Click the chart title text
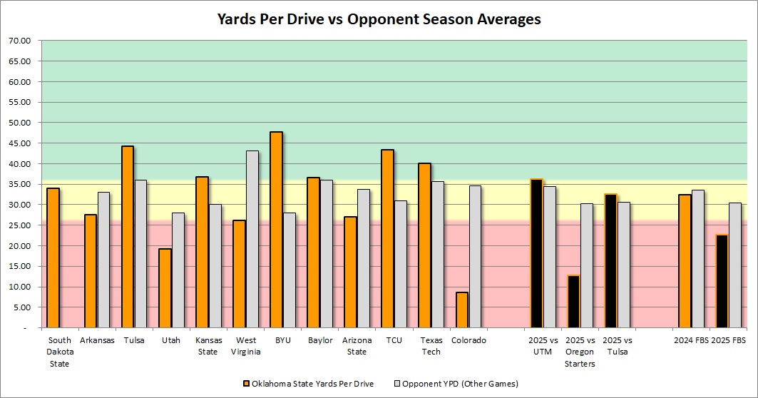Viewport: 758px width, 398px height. (x=379, y=19)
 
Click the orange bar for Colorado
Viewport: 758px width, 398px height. (x=461, y=310)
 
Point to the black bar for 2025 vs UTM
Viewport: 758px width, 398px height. (x=536, y=253)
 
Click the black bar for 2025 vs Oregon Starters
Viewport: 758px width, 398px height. (x=573, y=301)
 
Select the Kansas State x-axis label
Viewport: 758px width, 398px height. (x=208, y=346)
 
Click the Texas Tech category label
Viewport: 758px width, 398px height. (x=431, y=346)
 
